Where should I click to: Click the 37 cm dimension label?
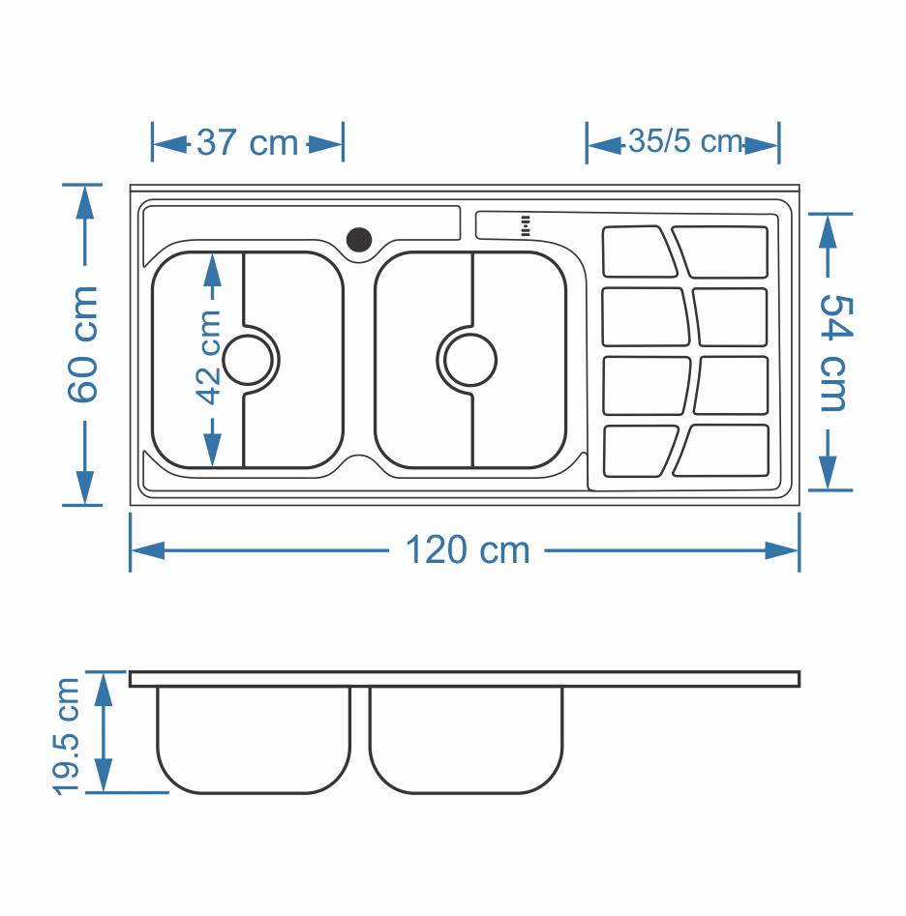pos(247,142)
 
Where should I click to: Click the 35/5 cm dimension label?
pos(685,141)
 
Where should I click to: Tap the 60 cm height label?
pos(83,344)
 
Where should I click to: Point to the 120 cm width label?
pos(468,549)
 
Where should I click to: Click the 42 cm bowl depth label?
pos(209,358)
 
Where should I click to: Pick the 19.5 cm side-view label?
pos(66,736)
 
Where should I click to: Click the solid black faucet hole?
pos(359,240)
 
